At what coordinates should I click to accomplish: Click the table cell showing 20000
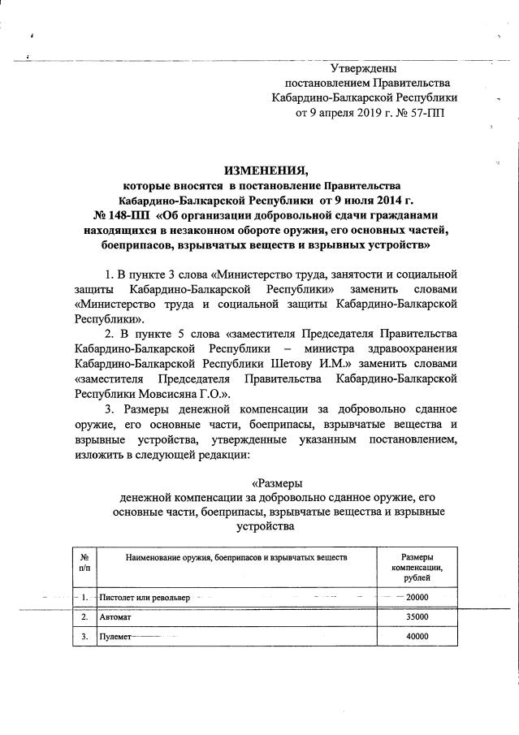tap(417, 598)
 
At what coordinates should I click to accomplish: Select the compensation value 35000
tap(417, 617)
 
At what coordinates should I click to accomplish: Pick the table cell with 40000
tap(417, 637)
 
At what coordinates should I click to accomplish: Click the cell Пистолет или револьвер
tap(145, 598)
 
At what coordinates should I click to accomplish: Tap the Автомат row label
tap(115, 617)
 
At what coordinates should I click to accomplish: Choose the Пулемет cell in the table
tap(115, 637)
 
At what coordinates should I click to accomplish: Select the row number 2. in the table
tap(84, 617)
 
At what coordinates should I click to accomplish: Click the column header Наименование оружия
tap(236, 558)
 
